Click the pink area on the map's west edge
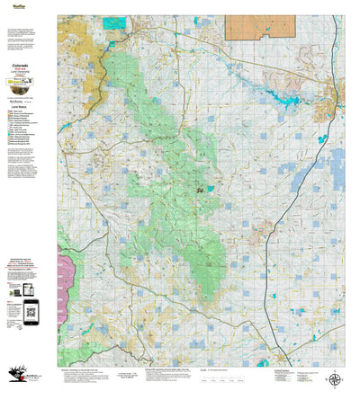64,271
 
